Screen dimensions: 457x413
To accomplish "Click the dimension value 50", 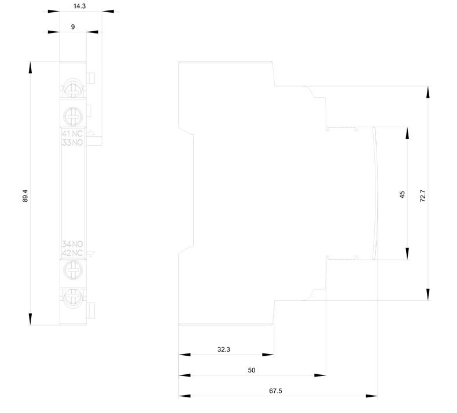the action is [x=251, y=370].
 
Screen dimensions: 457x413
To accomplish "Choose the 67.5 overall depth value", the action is [x=276, y=390].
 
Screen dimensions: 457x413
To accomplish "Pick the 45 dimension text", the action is [x=402, y=194].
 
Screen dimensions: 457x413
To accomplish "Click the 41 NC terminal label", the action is [x=73, y=134].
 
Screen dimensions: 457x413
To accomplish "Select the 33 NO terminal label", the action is [x=73, y=142].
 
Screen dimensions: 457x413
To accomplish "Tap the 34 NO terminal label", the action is [x=73, y=245].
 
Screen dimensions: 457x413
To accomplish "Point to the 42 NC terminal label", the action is [x=73, y=253].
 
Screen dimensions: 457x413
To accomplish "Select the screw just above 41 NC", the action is [x=73, y=114].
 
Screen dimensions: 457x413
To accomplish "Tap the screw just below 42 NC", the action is [x=73, y=268].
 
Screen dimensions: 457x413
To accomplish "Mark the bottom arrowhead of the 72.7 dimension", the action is [x=429, y=296].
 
